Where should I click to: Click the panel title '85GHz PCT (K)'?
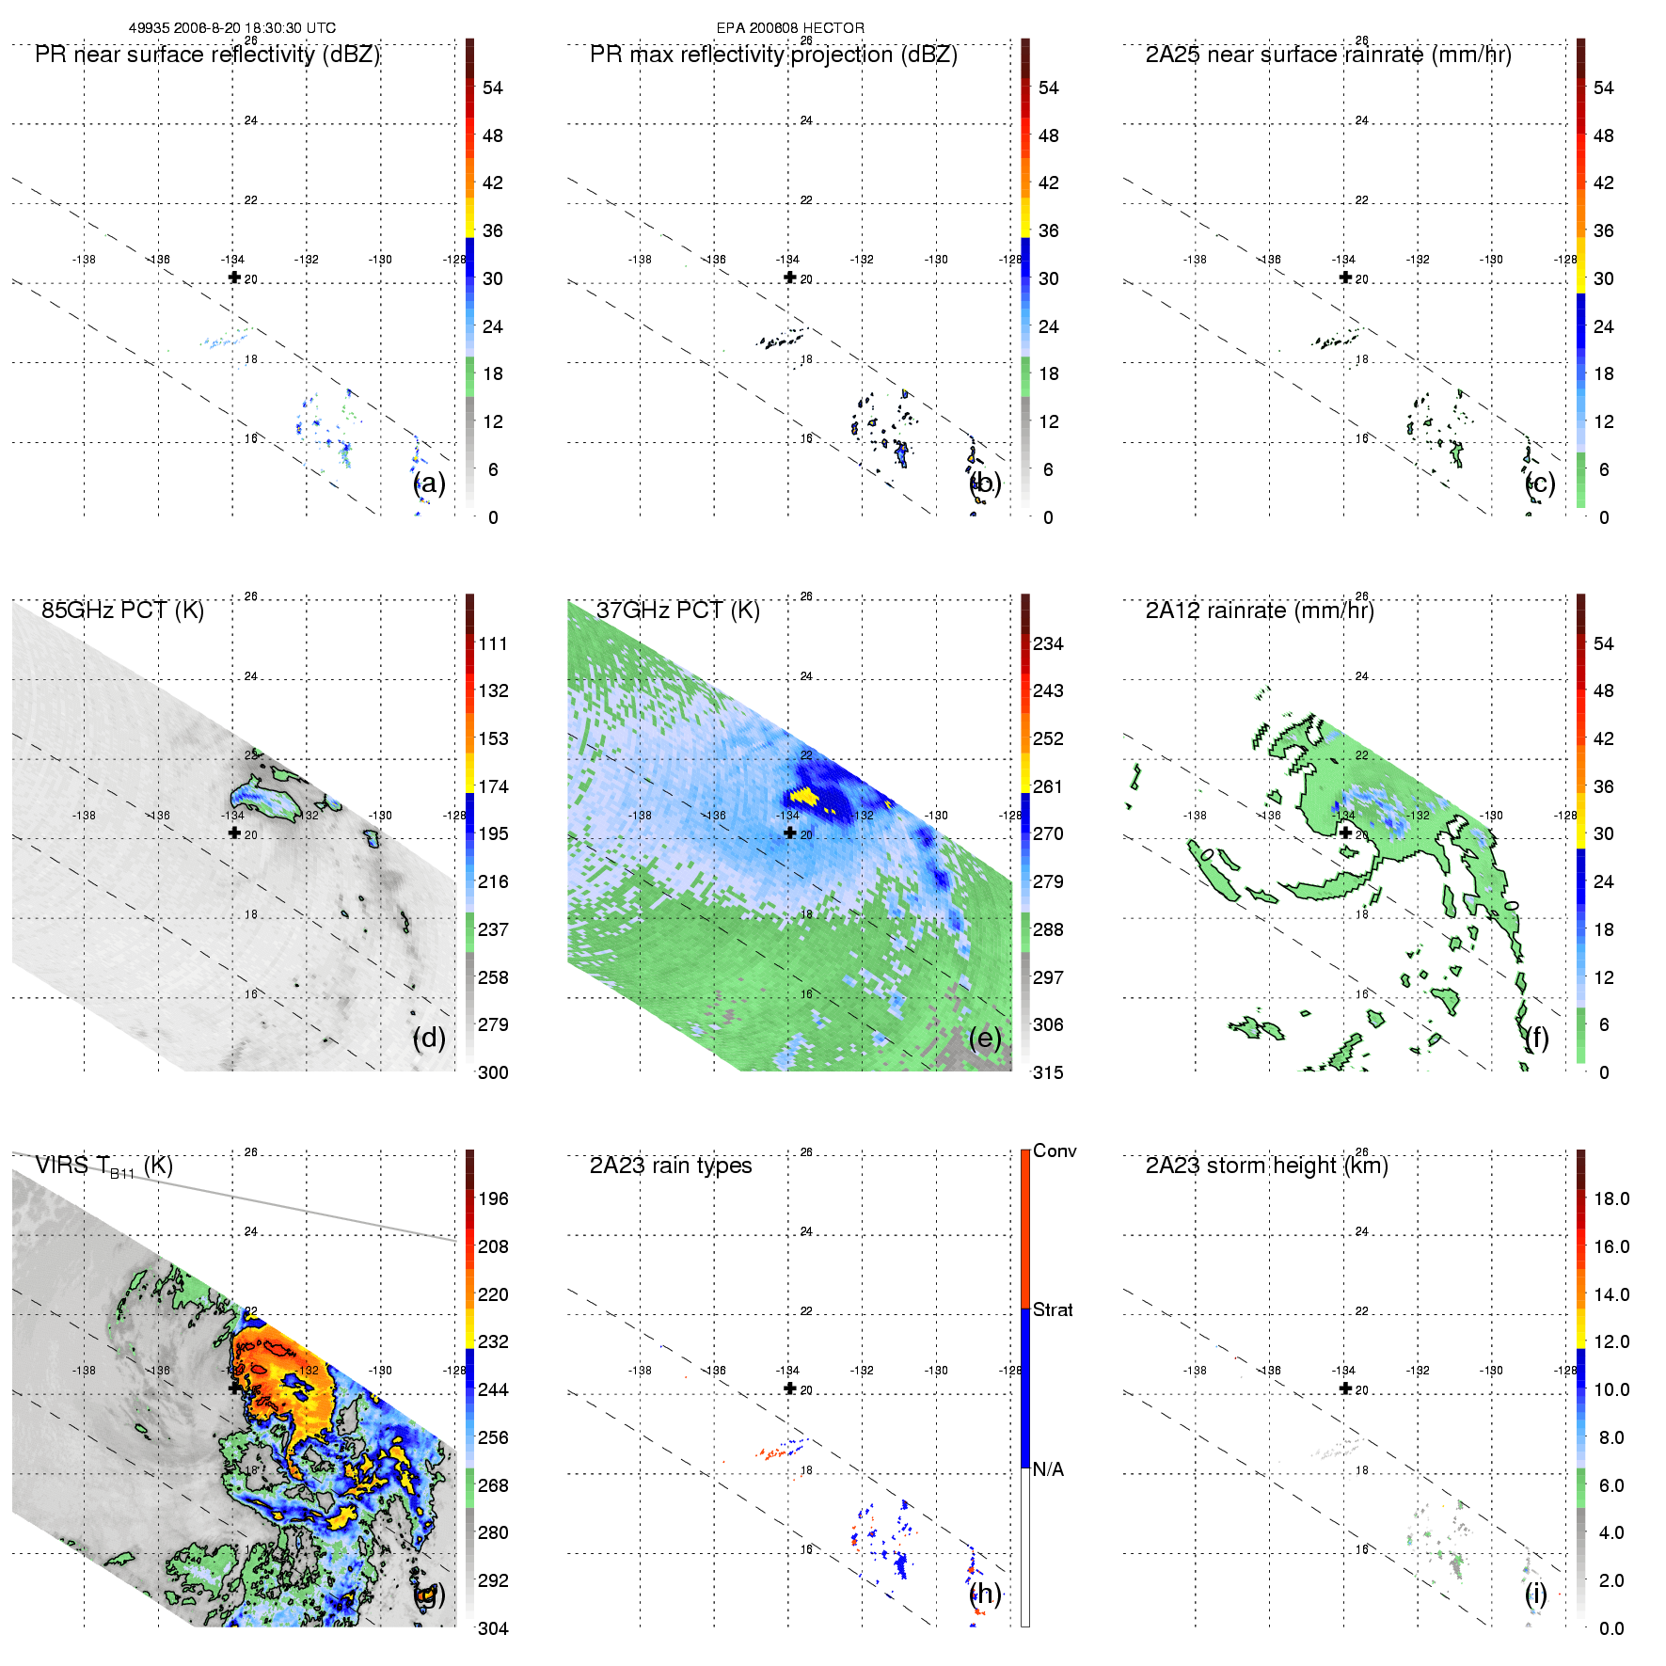coord(122,611)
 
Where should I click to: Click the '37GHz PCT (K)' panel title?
coord(677,611)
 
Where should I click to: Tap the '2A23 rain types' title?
coord(671,1166)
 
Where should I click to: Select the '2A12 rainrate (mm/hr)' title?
coord(1260,611)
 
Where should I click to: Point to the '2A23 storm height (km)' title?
coord(1266,1166)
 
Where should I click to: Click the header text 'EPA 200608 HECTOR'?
coord(790,28)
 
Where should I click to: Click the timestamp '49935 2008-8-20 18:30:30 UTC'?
coord(232,28)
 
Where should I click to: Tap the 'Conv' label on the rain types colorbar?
coord(1055,1150)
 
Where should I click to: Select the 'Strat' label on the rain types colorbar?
coord(1053,1309)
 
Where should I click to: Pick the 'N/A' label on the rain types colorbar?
coord(1048,1469)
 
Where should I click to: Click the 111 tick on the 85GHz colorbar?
coord(493,643)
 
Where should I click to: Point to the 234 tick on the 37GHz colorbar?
coord(1048,643)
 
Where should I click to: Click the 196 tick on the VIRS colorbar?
coord(493,1198)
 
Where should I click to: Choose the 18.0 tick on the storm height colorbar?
coord(1611,1198)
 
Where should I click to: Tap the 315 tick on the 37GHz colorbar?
coord(1048,1072)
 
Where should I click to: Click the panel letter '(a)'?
coord(429,483)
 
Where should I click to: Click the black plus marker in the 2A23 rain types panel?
coord(790,1388)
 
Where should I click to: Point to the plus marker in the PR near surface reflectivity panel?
coord(234,278)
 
